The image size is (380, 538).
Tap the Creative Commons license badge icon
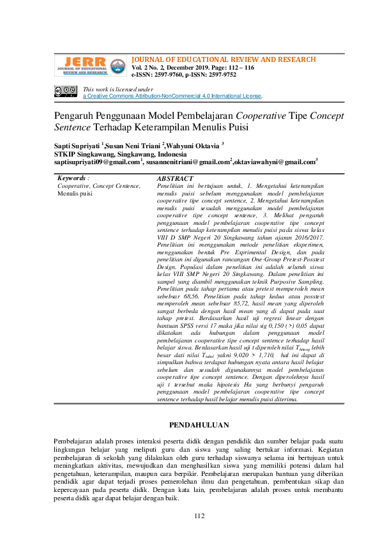point(65,92)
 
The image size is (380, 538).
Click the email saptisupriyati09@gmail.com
point(96,162)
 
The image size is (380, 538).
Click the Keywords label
point(72,178)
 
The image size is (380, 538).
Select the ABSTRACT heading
point(175,178)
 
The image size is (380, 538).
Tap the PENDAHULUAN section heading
point(199,424)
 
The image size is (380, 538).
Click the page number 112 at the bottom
point(199,516)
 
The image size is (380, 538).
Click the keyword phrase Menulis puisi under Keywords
point(75,192)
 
